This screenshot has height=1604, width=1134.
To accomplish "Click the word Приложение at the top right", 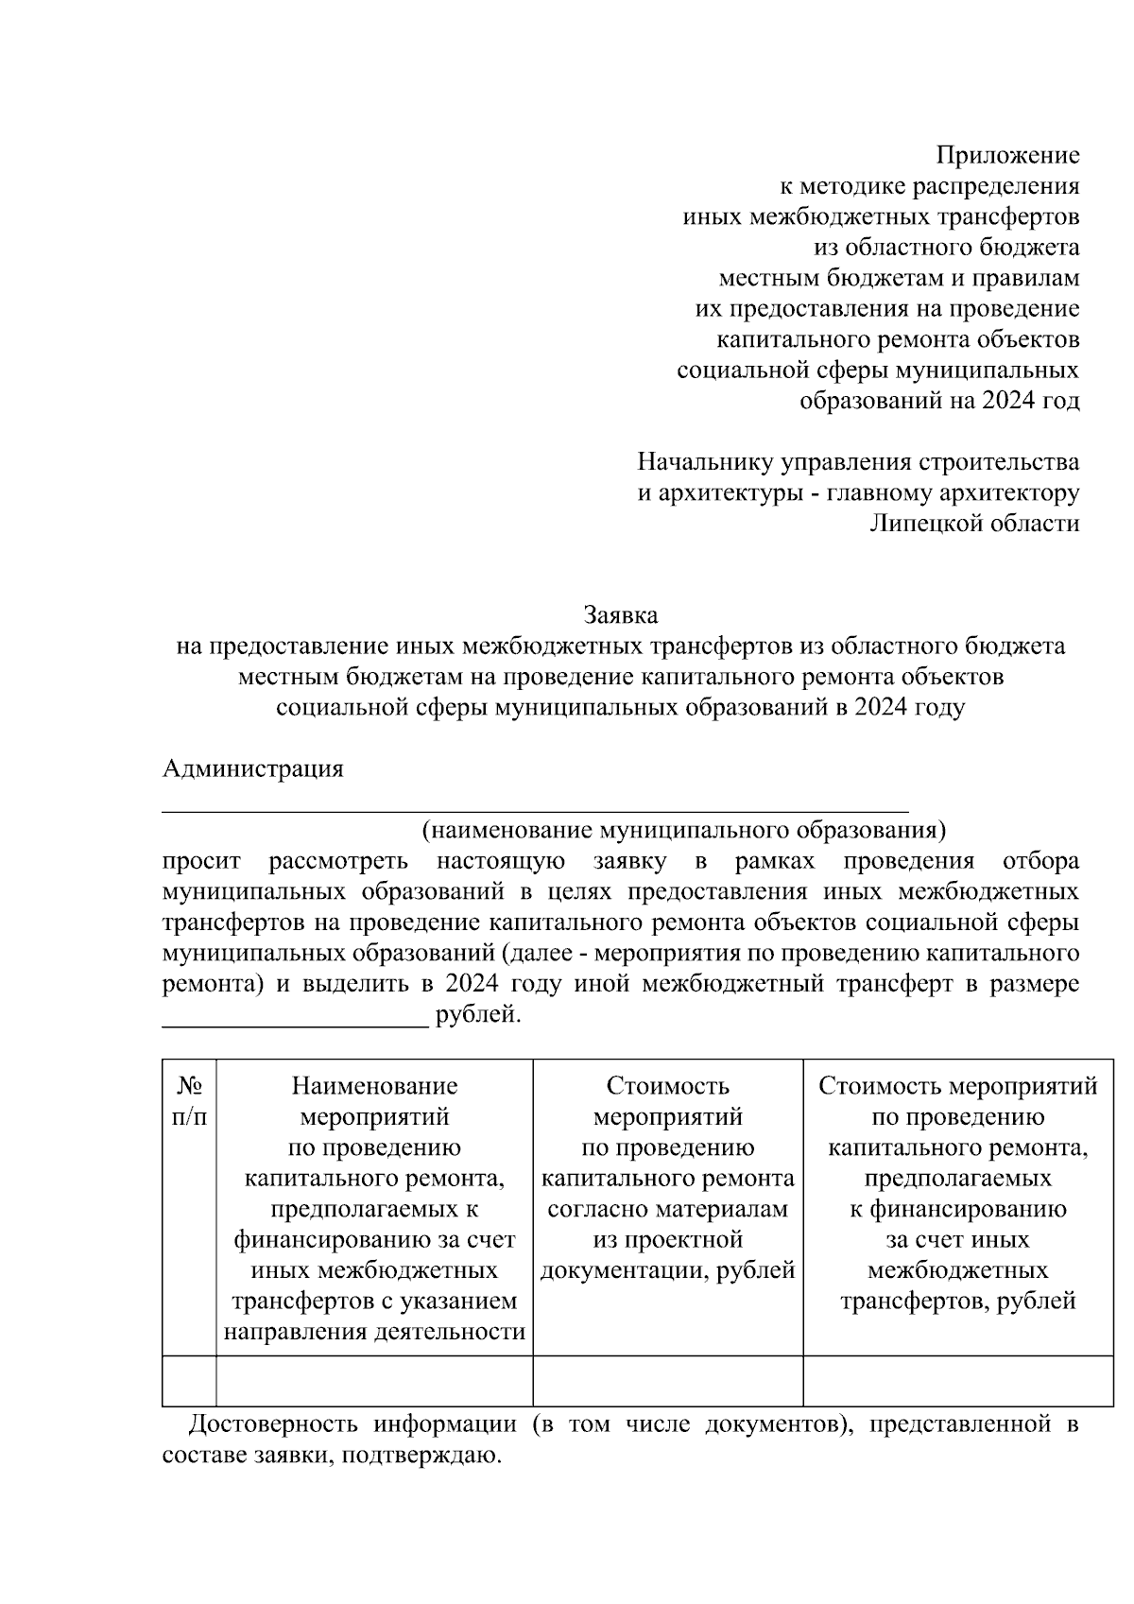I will coord(1007,155).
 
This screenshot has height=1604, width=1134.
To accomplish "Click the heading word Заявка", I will coord(620,615).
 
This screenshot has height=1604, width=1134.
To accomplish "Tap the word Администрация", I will coord(253,768).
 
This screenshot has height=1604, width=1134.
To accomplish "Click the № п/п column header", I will coord(189,1101).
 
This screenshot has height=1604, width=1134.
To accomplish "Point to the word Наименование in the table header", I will coord(374,1086).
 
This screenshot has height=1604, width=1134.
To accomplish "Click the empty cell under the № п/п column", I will coord(189,1380).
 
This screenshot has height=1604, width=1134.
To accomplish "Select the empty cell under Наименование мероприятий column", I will coord(374,1380).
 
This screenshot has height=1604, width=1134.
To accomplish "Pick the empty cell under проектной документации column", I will coord(667,1380).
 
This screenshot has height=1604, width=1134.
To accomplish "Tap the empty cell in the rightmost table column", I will coord(957,1380).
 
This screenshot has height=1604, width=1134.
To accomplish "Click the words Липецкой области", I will coord(974,524).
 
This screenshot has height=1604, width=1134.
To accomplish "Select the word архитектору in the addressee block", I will coord(1005,493).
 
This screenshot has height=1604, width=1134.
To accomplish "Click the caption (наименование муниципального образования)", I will coord(683,831).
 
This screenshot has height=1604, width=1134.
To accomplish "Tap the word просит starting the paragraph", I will coord(201,861).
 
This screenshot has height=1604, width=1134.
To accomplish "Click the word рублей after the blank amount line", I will coord(477,1016).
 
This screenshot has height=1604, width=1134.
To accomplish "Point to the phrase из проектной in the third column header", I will coord(667,1239).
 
